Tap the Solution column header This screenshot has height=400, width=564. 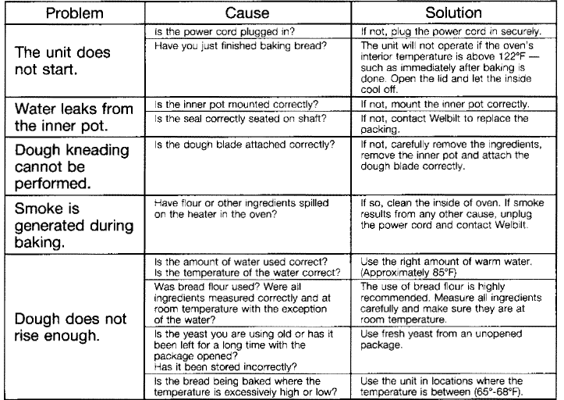point(453,13)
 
